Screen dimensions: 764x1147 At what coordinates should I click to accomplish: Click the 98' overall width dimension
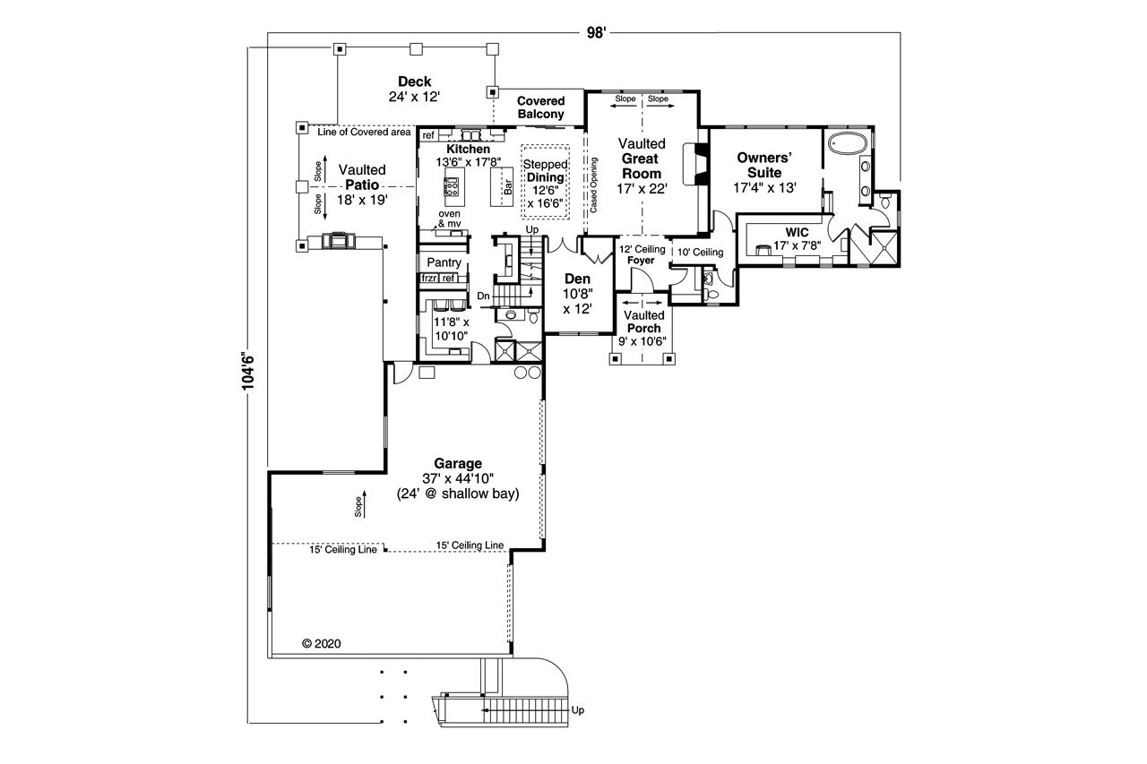tap(597, 33)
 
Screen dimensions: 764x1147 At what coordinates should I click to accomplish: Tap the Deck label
tap(414, 82)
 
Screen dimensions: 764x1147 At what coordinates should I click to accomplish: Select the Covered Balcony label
tap(540, 107)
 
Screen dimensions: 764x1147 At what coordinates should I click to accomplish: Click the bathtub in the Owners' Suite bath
tap(846, 143)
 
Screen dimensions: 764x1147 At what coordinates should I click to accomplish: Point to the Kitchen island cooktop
tap(452, 188)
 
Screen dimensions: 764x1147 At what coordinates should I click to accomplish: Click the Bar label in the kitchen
tap(507, 188)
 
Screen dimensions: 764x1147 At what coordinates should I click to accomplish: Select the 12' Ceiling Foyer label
tap(642, 255)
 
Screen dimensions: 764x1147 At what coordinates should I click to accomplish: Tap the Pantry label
tap(444, 263)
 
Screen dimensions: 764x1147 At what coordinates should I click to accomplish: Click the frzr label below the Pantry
tap(428, 279)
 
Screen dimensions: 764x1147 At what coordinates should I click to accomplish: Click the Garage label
tap(458, 463)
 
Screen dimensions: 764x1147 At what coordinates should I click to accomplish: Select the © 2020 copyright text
tap(321, 643)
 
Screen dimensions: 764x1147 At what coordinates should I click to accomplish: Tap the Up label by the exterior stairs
tap(578, 710)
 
